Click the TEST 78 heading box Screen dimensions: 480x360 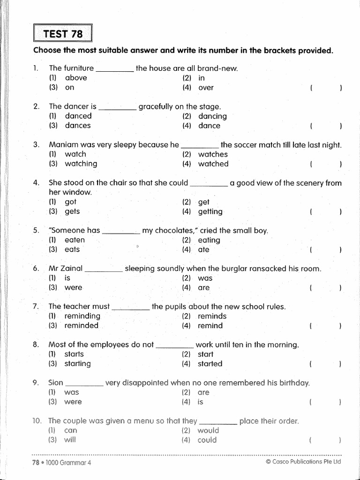(63, 34)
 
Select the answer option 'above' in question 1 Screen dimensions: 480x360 (76, 78)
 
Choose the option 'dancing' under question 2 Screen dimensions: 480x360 (212, 116)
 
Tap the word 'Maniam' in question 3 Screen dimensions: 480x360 (63, 145)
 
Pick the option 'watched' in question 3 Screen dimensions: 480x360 (213, 164)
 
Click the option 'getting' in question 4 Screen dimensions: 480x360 (210, 211)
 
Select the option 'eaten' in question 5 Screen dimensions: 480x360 (75, 240)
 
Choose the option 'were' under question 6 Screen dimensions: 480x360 (73, 287)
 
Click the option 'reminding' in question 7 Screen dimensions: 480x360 (82, 316)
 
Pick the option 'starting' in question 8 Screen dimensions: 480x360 (78, 363)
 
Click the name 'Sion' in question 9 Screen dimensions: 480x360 (56, 382)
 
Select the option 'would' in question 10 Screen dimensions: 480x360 (208, 430)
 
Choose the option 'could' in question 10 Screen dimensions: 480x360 (207, 440)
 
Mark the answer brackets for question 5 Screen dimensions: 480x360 (325, 250)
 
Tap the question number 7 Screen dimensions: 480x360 (36, 307)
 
